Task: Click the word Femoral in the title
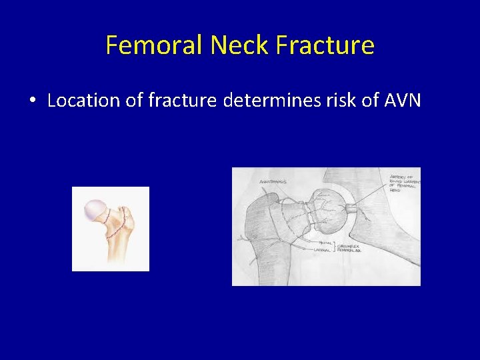[155, 45]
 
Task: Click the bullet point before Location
[32, 101]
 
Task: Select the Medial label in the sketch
[327, 243]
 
